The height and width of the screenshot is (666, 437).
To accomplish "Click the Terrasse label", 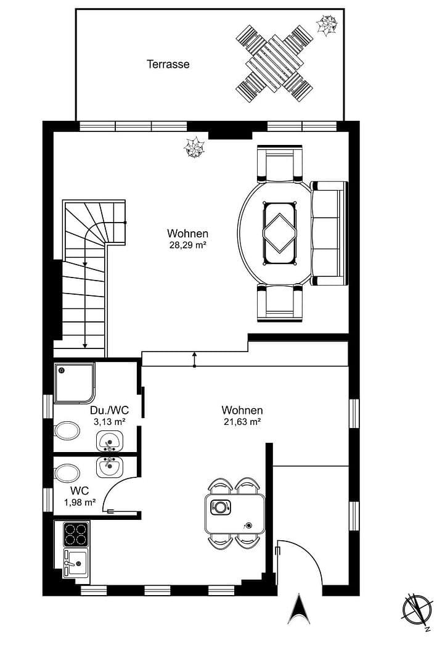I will coord(168,64).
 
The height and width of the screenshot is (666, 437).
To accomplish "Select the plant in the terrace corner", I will coord(327,25).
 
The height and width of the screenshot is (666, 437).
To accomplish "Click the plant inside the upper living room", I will coord(195,147).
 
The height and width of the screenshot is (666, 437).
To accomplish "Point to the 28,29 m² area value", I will coord(187,245).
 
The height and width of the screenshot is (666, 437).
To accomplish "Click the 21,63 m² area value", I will coord(242,422).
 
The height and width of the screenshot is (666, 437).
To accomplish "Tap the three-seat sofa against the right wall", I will coord(329,233).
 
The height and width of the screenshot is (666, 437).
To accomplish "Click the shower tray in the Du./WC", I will coord(74,382).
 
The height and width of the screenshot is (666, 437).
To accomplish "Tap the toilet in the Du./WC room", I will coord(67,430).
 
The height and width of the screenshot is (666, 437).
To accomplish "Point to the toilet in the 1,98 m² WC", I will coord(67,474).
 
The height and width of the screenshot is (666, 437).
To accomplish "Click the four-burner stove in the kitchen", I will coord(76,534).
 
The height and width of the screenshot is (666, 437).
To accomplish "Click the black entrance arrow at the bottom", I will coord(299,608).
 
